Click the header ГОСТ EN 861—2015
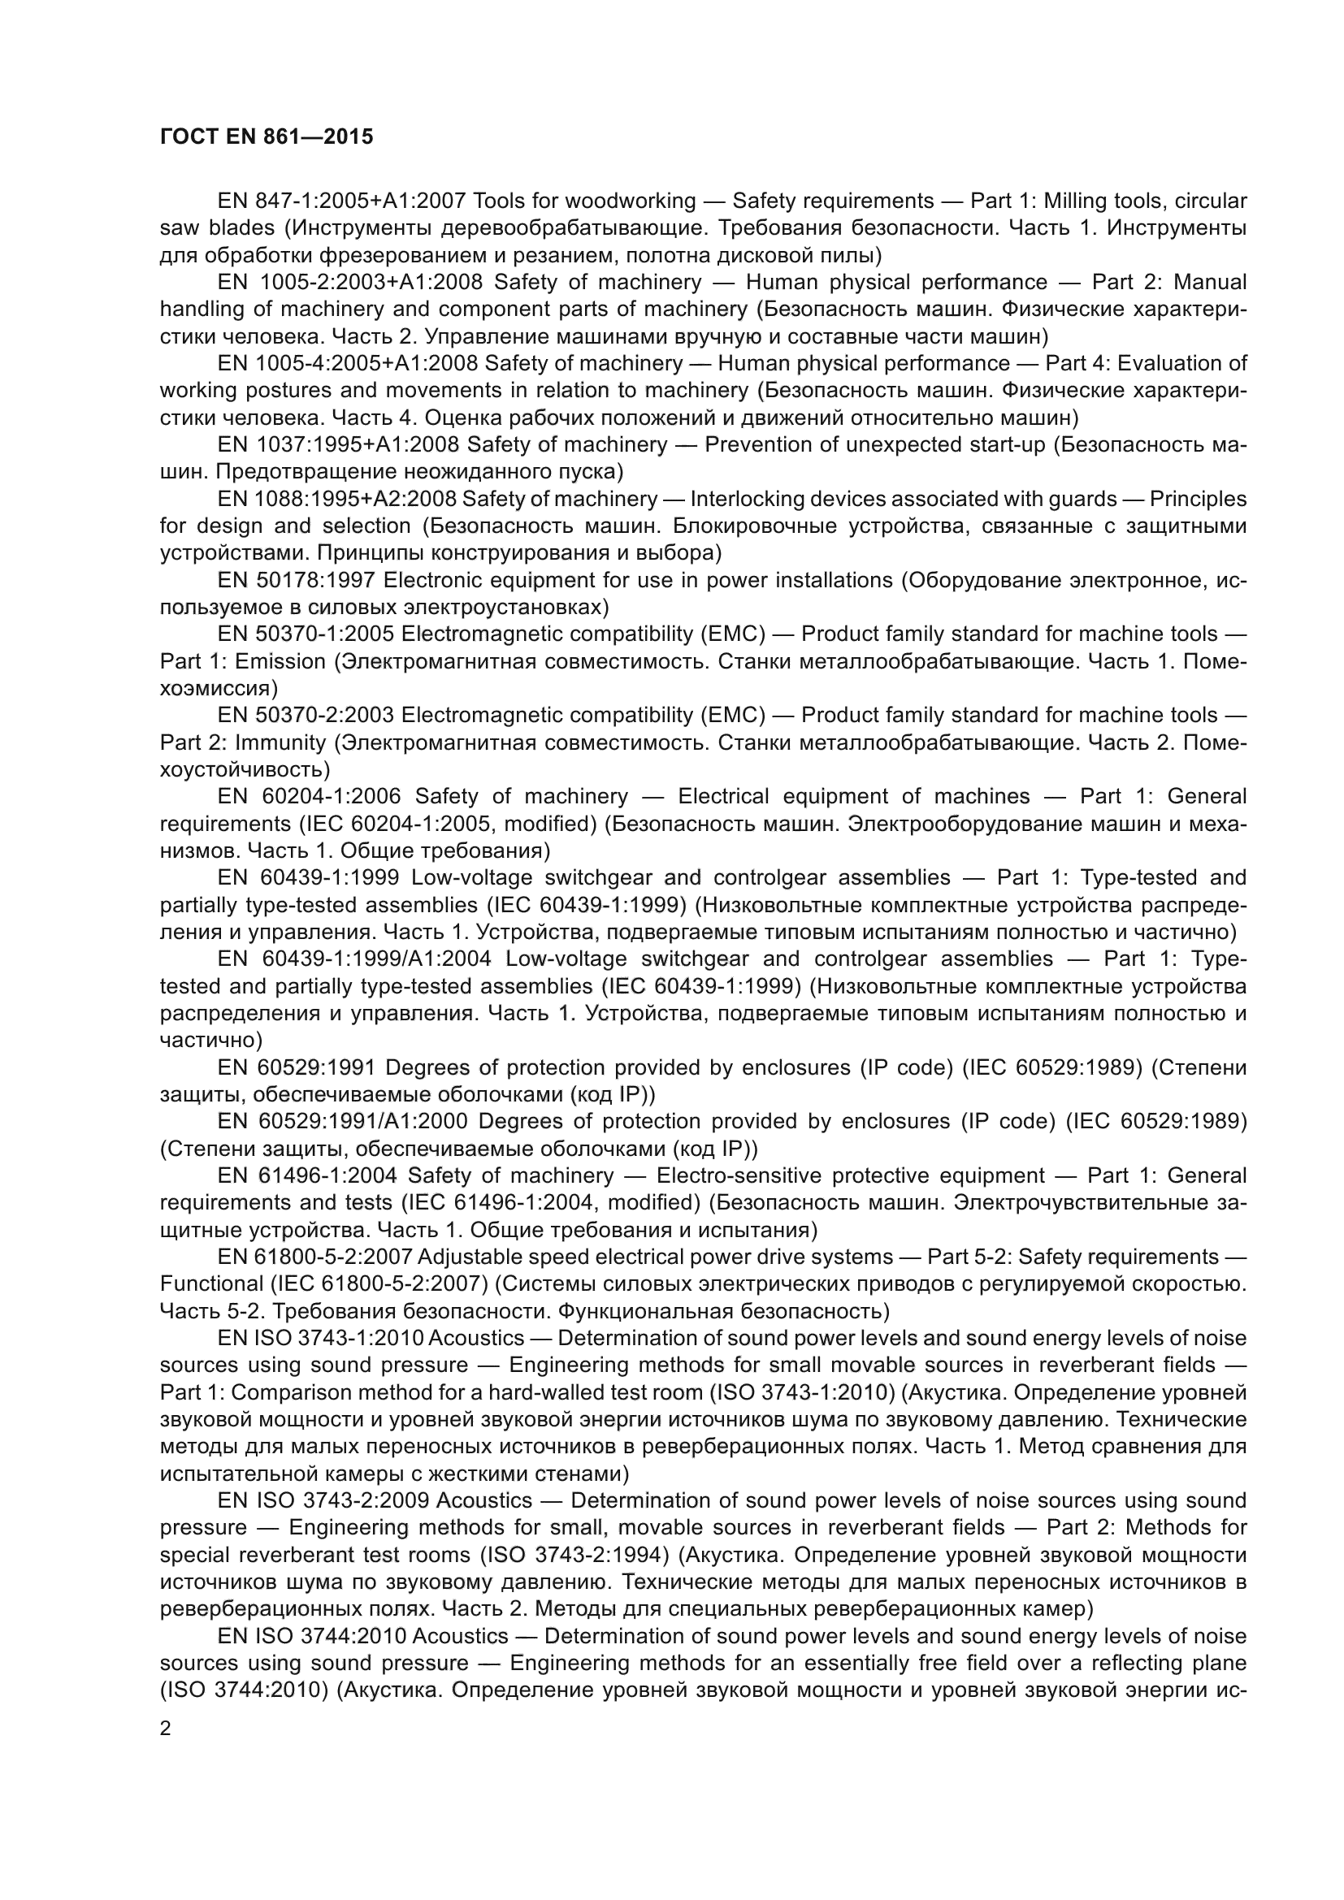tap(266, 136)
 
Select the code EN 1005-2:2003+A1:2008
tap(350, 282)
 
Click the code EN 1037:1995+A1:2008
tap(339, 444)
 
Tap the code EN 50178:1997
tap(297, 580)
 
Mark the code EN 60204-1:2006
tap(310, 796)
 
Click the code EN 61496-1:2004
tap(308, 1176)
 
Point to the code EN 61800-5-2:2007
tap(315, 1257)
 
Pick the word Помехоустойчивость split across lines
tap(1214, 742)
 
